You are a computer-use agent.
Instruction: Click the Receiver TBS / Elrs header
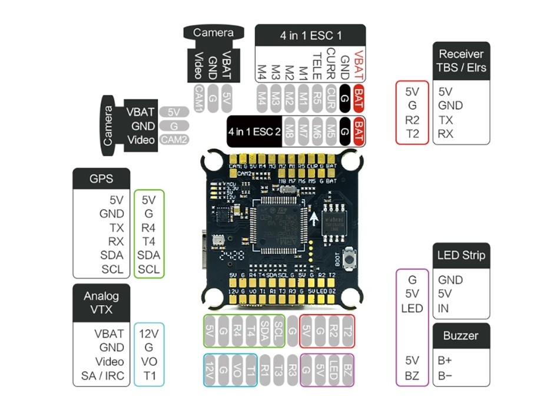click(x=462, y=61)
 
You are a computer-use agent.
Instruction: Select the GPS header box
click(x=101, y=178)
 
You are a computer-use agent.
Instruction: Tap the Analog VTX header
click(x=101, y=303)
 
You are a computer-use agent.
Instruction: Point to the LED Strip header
click(x=461, y=256)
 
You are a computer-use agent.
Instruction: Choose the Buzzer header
click(x=461, y=336)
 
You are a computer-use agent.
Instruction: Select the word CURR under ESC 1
click(x=331, y=64)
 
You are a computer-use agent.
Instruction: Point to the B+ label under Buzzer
click(x=446, y=360)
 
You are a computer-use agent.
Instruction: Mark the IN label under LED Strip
click(x=443, y=308)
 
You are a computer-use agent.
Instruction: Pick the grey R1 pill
click(x=264, y=370)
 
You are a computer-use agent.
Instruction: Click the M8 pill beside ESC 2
click(x=289, y=131)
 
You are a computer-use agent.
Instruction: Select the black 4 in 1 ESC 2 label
click(x=254, y=131)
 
